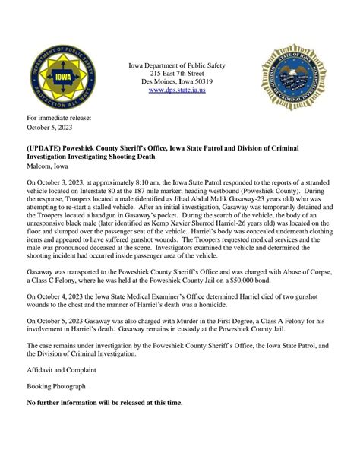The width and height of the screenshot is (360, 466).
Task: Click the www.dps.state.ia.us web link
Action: point(180,90)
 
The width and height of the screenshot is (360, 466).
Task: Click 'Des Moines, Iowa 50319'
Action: point(180,81)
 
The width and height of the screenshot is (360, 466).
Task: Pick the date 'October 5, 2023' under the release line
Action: point(49,128)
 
